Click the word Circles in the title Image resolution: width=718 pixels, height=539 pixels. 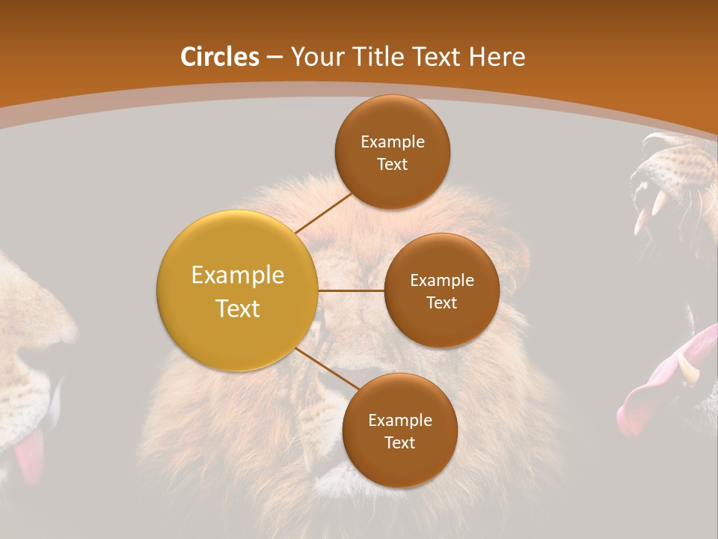point(219,57)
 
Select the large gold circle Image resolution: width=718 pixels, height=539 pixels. point(237,290)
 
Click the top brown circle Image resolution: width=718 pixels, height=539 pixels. point(392,152)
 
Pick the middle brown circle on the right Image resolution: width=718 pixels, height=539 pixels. point(441,290)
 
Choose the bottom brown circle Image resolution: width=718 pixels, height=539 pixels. point(399,430)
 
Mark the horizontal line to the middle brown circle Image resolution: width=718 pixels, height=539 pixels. point(351,290)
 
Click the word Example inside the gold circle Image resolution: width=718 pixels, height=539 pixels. point(237,275)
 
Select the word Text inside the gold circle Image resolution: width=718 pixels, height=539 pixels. point(237,308)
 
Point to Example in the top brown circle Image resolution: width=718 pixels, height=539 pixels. point(392,141)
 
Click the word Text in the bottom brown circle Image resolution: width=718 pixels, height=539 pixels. point(399,442)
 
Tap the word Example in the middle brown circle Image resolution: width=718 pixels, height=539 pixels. point(441,280)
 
